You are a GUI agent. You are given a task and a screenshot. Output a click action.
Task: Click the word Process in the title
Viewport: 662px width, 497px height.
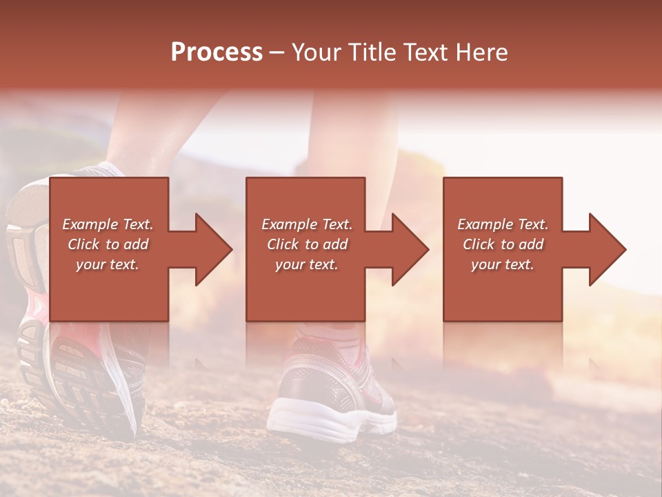tap(217, 52)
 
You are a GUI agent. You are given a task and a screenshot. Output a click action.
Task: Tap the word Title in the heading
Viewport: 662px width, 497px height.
tap(372, 52)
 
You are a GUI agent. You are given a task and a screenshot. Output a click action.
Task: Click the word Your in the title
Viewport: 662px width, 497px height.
tap(318, 52)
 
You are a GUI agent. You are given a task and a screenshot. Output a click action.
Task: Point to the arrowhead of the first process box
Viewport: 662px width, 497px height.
tap(213, 249)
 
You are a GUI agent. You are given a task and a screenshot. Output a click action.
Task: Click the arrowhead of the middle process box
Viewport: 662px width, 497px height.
tap(410, 249)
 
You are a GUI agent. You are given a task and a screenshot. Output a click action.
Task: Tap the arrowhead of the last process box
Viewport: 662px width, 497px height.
tap(607, 249)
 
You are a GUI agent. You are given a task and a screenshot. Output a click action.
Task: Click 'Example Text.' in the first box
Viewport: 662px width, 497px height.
tap(108, 224)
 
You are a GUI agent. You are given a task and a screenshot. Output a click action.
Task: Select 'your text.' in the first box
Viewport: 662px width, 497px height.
tap(108, 264)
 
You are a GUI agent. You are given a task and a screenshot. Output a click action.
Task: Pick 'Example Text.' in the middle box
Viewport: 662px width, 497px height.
tap(306, 224)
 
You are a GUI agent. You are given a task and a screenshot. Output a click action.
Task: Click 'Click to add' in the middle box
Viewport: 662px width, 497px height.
tap(306, 244)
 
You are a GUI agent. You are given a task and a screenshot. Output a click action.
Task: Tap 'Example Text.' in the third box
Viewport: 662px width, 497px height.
tap(503, 224)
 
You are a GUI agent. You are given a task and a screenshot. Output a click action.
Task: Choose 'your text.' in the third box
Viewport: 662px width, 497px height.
tap(503, 264)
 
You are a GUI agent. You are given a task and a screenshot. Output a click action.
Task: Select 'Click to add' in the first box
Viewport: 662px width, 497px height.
tap(108, 244)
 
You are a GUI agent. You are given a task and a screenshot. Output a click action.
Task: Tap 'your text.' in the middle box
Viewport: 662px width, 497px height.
tap(306, 264)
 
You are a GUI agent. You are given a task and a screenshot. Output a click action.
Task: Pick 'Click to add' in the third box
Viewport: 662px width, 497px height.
tap(503, 244)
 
